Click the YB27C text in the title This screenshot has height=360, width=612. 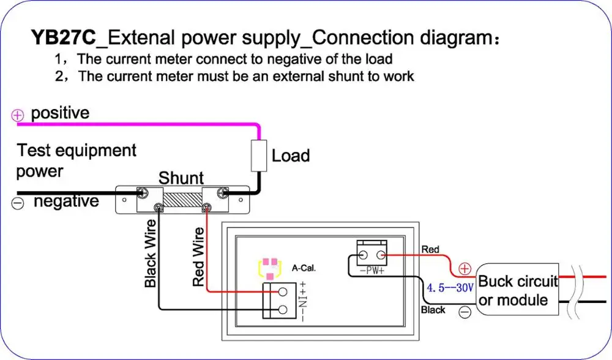[63, 37]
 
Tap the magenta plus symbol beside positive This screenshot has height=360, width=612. [18, 115]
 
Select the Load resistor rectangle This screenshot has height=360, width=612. [259, 156]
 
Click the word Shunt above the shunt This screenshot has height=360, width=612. [181, 178]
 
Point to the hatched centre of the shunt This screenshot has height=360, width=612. [182, 200]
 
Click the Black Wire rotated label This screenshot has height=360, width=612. [151, 253]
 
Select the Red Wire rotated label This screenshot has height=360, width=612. [199, 257]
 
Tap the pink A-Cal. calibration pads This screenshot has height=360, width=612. [270, 268]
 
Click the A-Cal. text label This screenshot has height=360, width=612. [304, 268]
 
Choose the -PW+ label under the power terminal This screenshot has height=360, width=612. [372, 271]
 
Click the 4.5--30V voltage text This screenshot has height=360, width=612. [450, 288]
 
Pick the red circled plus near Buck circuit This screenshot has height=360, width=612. [465, 269]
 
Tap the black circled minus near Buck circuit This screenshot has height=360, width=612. [465, 312]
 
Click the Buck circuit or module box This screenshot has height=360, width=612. [517, 290]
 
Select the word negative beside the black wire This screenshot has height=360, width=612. [66, 201]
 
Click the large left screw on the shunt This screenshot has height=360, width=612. [142, 192]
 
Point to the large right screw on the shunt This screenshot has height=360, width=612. [223, 192]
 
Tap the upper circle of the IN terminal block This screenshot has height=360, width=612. [283, 292]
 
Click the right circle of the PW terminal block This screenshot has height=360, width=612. [381, 256]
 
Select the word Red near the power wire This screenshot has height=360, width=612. [430, 250]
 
